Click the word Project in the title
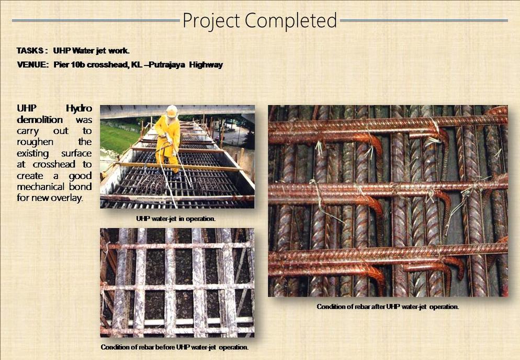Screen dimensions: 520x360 click(211, 20)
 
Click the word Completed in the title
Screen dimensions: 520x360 click(291, 20)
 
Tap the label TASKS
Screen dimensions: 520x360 click(30, 51)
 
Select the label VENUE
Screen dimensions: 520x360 click(32, 65)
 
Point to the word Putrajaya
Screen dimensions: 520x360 click(167, 65)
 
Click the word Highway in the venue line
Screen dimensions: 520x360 click(206, 65)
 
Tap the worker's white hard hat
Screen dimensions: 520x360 click(172, 111)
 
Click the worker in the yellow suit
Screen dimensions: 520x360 click(168, 141)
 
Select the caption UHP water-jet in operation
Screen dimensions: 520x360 click(176, 219)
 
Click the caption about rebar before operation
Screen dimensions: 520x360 click(175, 347)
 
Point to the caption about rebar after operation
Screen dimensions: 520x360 click(388, 307)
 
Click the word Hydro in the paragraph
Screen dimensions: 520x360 click(78, 108)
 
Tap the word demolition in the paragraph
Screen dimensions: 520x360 click(40, 119)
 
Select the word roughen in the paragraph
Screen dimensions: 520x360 click(35, 142)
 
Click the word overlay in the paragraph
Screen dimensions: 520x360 click(68, 198)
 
